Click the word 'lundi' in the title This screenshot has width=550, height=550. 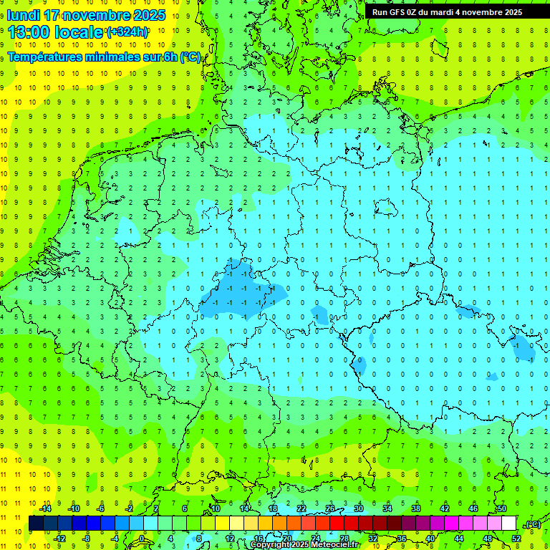click(x=23, y=15)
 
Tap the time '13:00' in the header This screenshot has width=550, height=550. click(x=31, y=32)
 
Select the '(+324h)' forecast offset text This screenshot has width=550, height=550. click(x=127, y=32)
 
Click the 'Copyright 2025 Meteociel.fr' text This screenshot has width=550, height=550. click(x=304, y=545)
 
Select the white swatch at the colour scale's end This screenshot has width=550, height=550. click(x=508, y=524)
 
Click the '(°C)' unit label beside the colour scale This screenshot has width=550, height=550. click(x=532, y=524)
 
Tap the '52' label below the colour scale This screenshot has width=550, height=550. click(x=516, y=539)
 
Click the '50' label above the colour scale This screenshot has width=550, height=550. click(x=501, y=508)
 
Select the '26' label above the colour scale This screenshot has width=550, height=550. click(x=330, y=508)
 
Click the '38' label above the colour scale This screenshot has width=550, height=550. click(x=416, y=508)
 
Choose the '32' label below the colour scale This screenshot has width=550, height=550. click(x=373, y=539)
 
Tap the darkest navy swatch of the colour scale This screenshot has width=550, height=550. click(x=36, y=524)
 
